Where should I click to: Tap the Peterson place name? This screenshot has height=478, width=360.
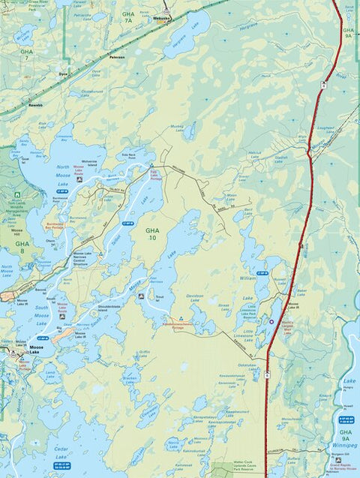[x=116, y=56]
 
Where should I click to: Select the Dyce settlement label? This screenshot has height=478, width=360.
[x=64, y=74]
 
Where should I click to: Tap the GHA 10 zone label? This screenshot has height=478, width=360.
[x=152, y=233]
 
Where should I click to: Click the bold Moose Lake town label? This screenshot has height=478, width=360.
[x=40, y=348]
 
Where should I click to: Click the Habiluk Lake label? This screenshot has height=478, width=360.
[x=256, y=153]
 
